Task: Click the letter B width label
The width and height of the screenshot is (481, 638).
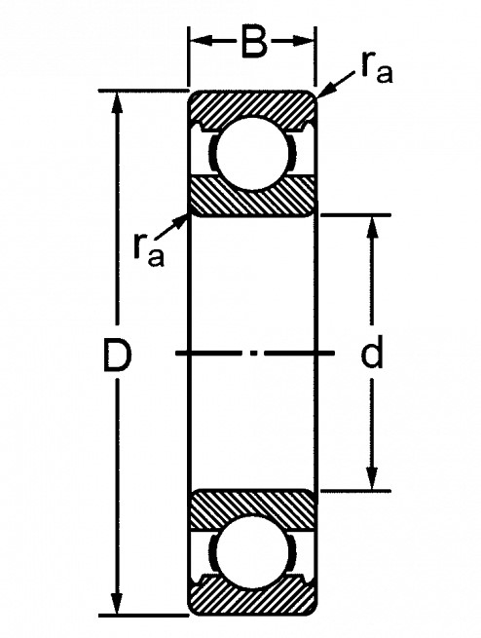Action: [x=254, y=42]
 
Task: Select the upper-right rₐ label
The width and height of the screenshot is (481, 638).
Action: [x=376, y=70]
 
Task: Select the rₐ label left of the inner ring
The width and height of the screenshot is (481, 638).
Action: [x=148, y=251]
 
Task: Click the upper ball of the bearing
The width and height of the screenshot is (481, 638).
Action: [x=253, y=153]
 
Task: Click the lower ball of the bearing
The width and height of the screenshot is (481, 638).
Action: [x=253, y=551]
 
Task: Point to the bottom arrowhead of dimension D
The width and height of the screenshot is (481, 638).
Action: [x=117, y=603]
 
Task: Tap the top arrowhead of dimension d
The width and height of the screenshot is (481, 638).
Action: [x=372, y=228]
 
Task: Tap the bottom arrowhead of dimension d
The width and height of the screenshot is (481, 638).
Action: [x=372, y=478]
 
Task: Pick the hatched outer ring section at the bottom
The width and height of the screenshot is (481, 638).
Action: [x=253, y=596]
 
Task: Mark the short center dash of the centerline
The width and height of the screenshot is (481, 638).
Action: [x=254, y=354]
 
